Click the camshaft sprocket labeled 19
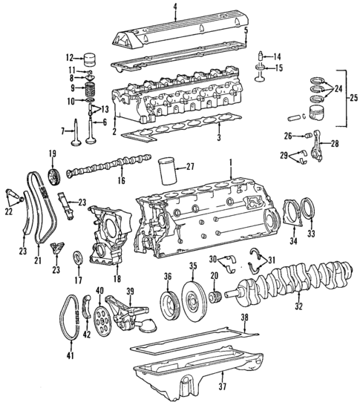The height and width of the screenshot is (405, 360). pos(53,179)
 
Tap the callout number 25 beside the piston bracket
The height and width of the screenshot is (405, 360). pos(353,97)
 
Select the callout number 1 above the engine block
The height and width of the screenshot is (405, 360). pos(231,161)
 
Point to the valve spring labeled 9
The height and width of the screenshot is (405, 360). pos(91,89)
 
